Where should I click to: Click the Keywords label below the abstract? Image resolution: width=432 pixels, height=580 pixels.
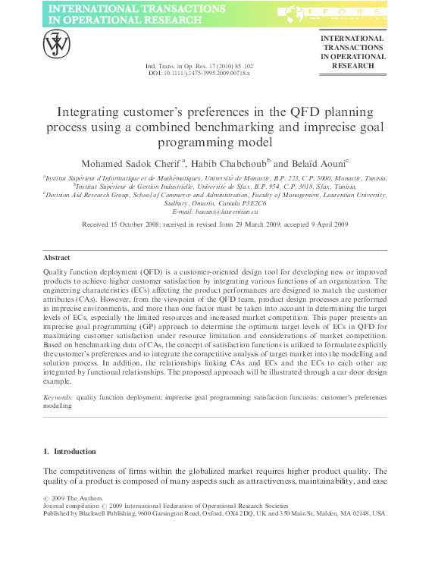[x=58, y=397]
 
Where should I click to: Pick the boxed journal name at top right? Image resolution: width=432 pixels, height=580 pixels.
[x=352, y=52]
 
